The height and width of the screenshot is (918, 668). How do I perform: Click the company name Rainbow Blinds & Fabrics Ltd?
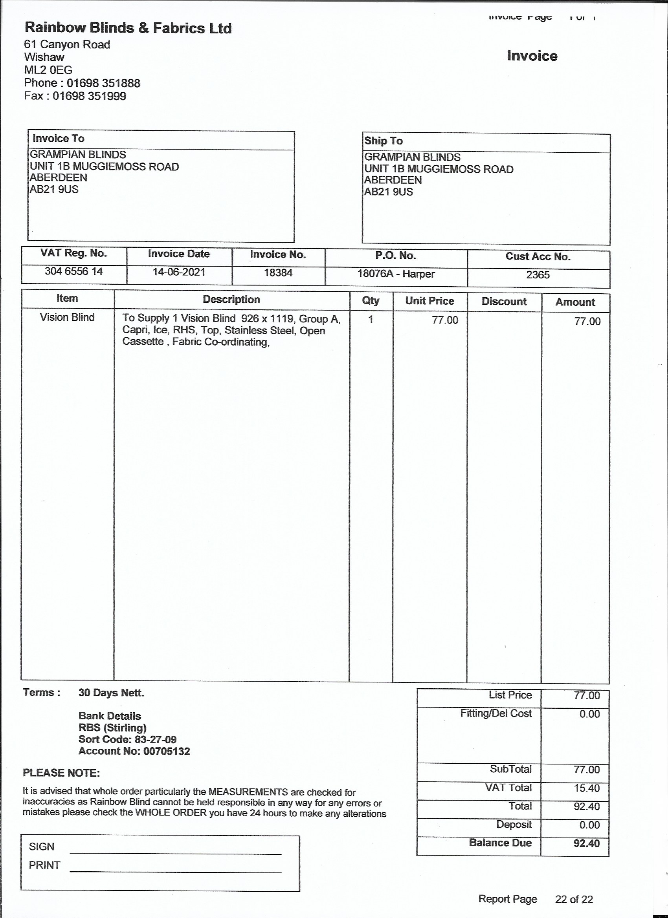pyautogui.click(x=128, y=28)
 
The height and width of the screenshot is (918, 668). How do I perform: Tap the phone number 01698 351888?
pyautogui.click(x=103, y=83)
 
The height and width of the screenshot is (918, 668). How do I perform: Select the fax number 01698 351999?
pyautogui.click(x=89, y=96)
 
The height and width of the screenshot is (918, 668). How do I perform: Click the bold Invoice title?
pyautogui.click(x=532, y=56)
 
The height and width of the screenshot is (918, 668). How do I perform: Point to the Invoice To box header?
pyautogui.click(x=58, y=139)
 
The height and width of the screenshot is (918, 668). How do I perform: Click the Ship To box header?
pyautogui.click(x=383, y=141)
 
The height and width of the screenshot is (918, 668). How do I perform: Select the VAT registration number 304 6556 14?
pyautogui.click(x=74, y=271)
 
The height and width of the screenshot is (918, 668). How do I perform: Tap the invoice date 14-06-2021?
pyautogui.click(x=179, y=272)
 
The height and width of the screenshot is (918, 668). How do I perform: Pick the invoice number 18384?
pyautogui.click(x=278, y=273)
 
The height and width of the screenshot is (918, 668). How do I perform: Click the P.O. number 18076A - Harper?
pyautogui.click(x=396, y=274)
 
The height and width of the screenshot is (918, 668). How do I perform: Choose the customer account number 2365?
pyautogui.click(x=538, y=275)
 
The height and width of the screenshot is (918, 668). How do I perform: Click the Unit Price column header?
pyautogui.click(x=429, y=301)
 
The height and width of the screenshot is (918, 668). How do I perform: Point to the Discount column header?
pyautogui.click(x=504, y=302)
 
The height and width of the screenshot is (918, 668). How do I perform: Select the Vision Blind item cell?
pyautogui.click(x=67, y=317)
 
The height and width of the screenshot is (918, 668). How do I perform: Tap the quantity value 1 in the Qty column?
pyautogui.click(x=370, y=320)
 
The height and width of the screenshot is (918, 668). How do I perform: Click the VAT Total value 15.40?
pyautogui.click(x=587, y=788)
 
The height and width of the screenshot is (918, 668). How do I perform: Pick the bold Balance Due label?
pyautogui.click(x=500, y=843)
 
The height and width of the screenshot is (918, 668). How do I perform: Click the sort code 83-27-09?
pyautogui.click(x=155, y=739)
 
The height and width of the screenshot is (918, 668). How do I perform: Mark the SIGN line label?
pyautogui.click(x=41, y=847)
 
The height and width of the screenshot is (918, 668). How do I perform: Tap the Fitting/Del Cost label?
pyautogui.click(x=495, y=713)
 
